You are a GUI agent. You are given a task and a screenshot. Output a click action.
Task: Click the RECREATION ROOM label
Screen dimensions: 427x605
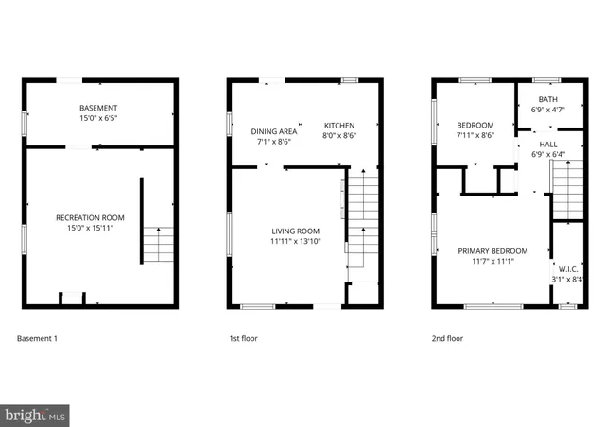[99, 217]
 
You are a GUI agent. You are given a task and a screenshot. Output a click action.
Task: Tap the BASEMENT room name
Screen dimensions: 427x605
[99, 109]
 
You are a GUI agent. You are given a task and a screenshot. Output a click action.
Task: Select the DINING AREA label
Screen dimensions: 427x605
[273, 131]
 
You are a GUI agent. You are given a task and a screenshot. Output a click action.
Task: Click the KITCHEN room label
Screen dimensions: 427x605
[339, 126]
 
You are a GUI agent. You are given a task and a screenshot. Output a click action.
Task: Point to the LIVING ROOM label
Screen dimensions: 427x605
[295, 231]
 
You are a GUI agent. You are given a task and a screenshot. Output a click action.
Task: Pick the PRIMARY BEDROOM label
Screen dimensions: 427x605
[493, 251]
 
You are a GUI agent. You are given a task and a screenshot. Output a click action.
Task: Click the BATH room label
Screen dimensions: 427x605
[547, 99]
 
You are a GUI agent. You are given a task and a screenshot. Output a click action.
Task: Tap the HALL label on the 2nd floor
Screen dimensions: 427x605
[547, 144]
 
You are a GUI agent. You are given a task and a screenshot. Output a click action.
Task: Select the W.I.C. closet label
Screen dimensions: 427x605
[567, 268]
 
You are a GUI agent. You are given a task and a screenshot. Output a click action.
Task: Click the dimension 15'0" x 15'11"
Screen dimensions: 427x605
[99, 228]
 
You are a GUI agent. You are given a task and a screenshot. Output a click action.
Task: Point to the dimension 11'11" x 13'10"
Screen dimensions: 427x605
[295, 242]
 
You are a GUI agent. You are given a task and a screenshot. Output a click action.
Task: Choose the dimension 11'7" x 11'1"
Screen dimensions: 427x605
[493, 262]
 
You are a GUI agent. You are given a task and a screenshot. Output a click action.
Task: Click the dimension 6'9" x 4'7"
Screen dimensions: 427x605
[547, 110]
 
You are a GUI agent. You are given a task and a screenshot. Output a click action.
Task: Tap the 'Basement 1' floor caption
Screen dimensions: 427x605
[38, 338]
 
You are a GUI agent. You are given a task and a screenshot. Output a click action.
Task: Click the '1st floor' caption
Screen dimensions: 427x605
[243, 338]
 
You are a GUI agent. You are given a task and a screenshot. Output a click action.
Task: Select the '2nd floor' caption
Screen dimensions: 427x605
[449, 338]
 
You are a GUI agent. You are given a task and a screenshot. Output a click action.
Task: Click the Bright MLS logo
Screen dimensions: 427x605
[35, 414]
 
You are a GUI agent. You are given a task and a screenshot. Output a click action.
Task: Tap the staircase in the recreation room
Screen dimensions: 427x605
[158, 245]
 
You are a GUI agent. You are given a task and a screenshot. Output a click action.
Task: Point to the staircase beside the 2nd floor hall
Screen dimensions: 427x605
[566, 189]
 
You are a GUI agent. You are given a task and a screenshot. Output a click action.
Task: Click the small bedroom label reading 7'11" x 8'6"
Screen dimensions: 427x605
[475, 135]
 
